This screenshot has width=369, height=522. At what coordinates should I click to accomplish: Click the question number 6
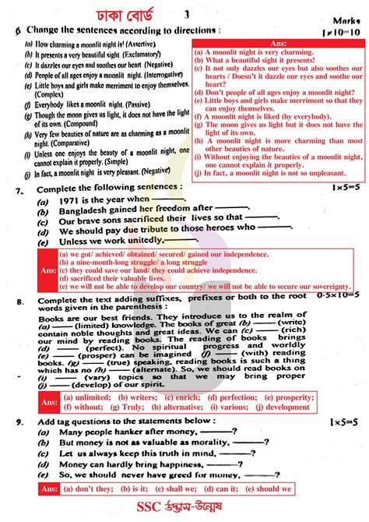pyautogui.click(x=18, y=30)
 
